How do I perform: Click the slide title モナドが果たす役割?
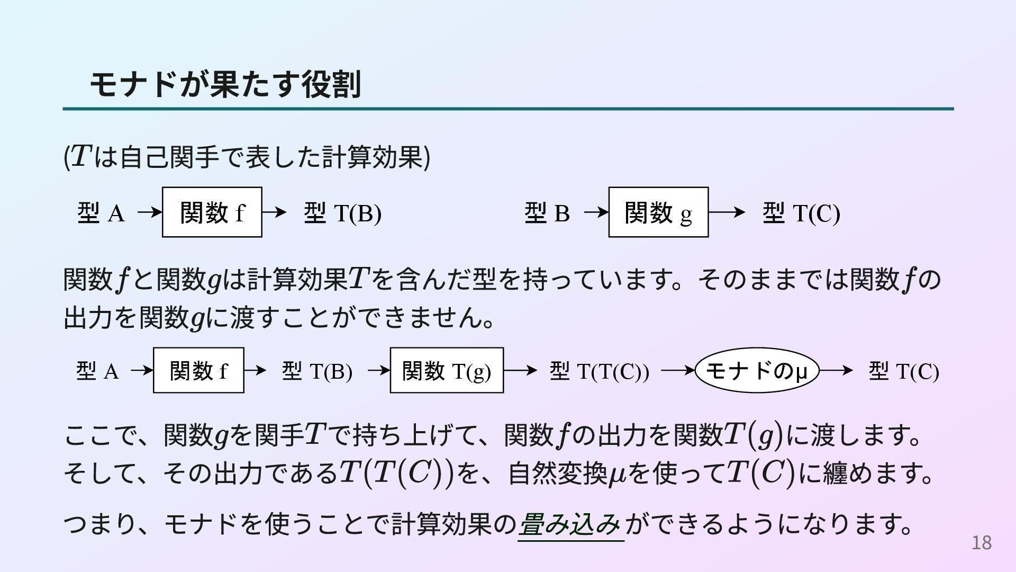[225, 85]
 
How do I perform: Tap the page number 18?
[981, 543]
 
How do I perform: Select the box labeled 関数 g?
[658, 212]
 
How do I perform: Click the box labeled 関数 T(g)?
[447, 371]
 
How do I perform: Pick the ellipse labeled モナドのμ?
[756, 370]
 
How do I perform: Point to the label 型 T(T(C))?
[599, 371]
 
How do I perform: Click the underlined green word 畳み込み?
[570, 525]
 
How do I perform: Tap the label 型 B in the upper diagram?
[547, 213]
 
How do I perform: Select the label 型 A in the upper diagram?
[101, 213]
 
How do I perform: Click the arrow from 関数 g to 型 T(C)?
[727, 212]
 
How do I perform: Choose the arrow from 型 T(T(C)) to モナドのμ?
[678, 370]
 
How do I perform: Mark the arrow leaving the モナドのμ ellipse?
[836, 370]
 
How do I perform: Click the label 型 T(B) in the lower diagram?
[317, 371]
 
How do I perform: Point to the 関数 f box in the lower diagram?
[198, 371]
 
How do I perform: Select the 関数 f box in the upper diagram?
[212, 212]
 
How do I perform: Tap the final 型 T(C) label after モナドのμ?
[904, 371]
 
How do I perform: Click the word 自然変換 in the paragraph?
[557, 473]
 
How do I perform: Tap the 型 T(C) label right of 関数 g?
[801, 213]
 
